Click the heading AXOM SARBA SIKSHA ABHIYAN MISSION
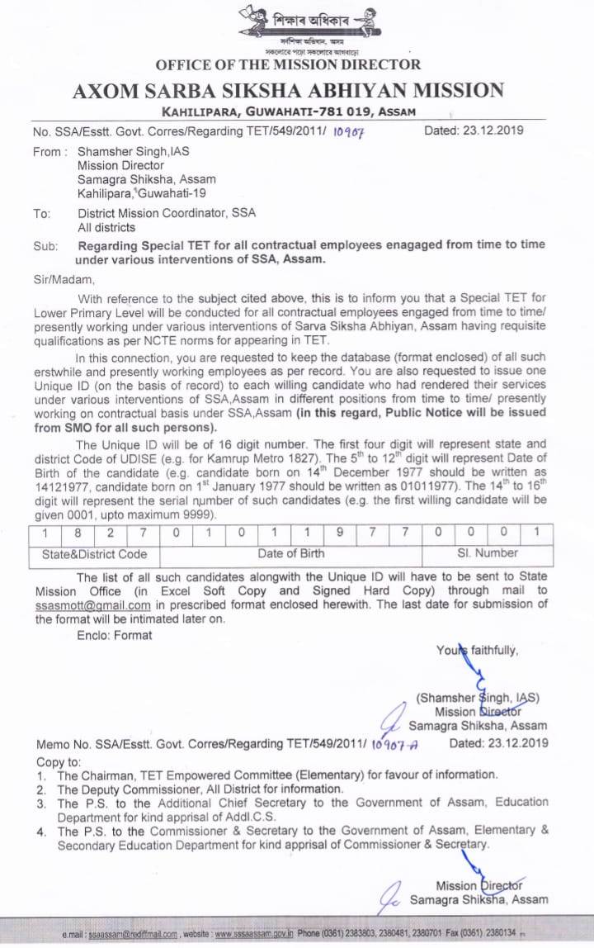click(288, 91)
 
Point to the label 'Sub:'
click(44, 246)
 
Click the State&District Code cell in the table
click(95, 554)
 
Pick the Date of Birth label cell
click(290, 554)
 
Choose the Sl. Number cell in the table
click(487, 553)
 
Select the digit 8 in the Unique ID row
click(78, 533)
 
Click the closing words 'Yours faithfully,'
click(478, 651)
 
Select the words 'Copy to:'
click(59, 761)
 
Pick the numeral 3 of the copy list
click(41, 803)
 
